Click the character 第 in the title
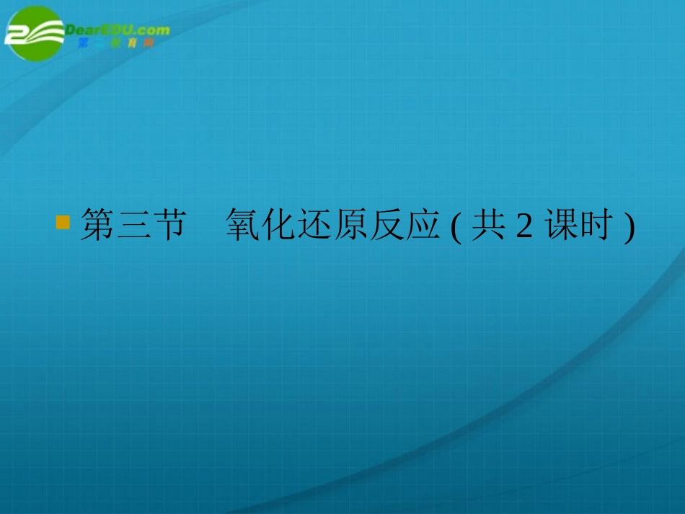(x=97, y=226)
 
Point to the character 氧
(x=243, y=226)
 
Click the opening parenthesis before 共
(x=454, y=228)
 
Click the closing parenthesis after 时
(x=629, y=228)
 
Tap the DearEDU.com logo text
(x=118, y=30)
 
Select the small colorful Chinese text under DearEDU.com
(x=115, y=43)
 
